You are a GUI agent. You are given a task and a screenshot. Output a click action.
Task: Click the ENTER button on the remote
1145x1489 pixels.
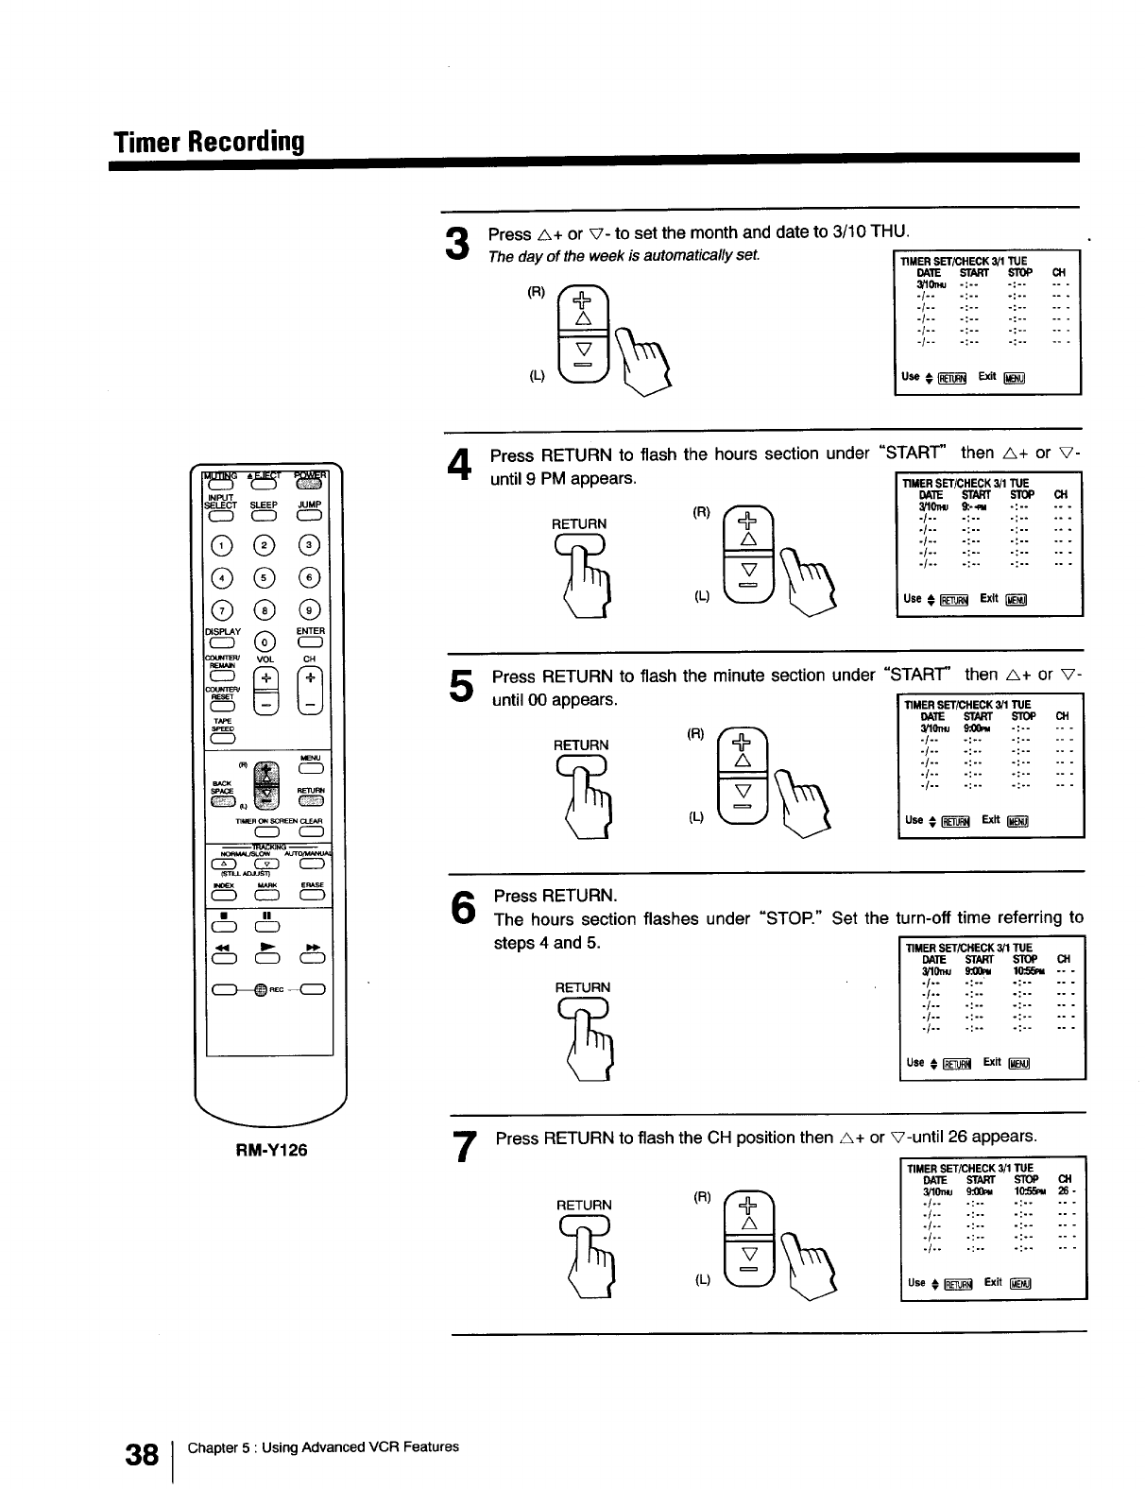click(x=311, y=643)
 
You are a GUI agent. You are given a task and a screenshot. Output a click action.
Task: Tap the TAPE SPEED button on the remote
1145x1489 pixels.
click(x=223, y=739)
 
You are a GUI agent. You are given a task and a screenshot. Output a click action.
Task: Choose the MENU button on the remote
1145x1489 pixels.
click(x=310, y=768)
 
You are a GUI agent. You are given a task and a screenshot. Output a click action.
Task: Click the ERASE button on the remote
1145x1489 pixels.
click(x=311, y=896)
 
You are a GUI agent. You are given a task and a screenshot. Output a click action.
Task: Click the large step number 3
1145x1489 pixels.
click(x=456, y=244)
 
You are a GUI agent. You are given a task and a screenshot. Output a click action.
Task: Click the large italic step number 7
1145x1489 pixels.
click(x=463, y=1147)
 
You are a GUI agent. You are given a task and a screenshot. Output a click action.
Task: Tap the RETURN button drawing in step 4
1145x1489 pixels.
click(x=580, y=544)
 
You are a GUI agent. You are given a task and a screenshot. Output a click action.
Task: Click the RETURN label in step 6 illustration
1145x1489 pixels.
click(x=582, y=987)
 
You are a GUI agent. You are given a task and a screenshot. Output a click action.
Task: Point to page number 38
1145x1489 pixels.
click(x=142, y=1456)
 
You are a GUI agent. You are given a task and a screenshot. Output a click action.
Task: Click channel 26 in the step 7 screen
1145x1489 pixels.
click(x=1063, y=1191)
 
